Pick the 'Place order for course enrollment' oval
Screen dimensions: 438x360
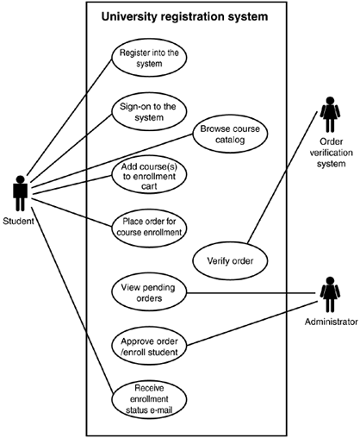click(149, 228)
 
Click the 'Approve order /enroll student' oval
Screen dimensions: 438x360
click(149, 346)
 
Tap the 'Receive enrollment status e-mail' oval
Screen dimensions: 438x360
click(149, 399)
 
